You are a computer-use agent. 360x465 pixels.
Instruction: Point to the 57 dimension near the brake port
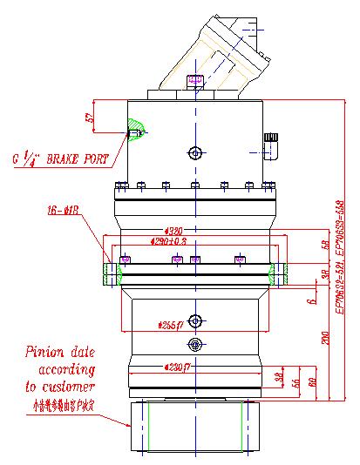click(x=89, y=117)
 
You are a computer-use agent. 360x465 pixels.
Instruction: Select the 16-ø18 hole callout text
click(x=63, y=210)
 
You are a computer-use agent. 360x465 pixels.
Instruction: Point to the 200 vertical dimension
click(x=326, y=340)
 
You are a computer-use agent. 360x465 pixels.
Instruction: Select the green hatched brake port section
click(x=134, y=131)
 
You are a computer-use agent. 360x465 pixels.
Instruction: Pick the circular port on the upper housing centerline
click(x=195, y=153)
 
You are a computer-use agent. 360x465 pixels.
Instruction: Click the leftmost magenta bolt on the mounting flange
click(x=126, y=259)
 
